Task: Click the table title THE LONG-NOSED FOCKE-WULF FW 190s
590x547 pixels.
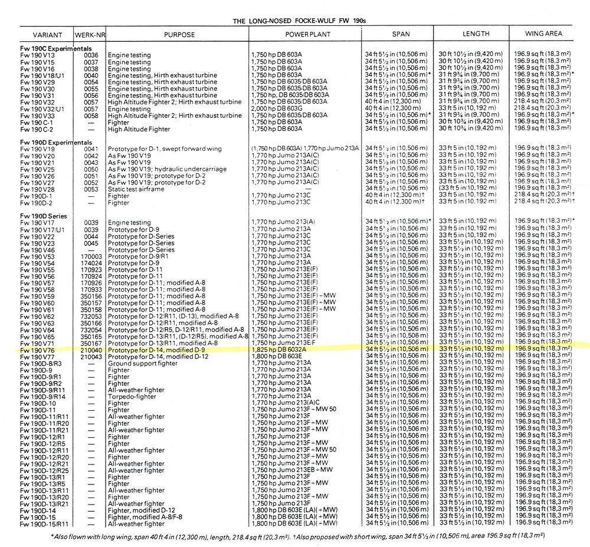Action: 300,21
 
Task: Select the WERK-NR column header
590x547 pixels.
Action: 91,34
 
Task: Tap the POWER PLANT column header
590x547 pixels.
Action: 302,34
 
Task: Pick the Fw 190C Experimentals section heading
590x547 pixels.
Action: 56,48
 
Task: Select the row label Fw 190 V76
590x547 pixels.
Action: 37,349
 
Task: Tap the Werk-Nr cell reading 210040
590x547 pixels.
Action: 91,349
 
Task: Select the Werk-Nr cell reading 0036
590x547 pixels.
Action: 91,55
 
